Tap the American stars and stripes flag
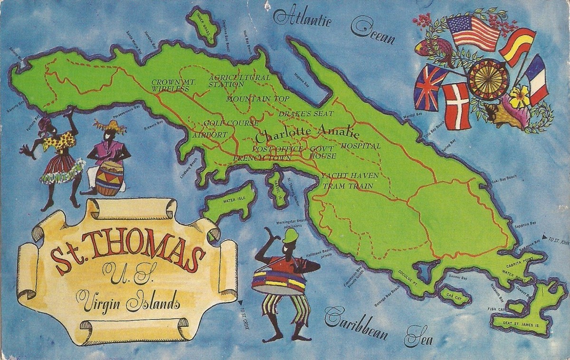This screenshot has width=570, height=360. (x=473, y=32)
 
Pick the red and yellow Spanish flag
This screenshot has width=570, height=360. (x=517, y=47)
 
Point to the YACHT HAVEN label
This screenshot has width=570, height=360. (x=350, y=176)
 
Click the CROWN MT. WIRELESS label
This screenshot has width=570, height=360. (x=170, y=85)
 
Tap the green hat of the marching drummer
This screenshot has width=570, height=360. (x=290, y=236)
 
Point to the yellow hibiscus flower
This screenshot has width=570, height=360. (x=520, y=97)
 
